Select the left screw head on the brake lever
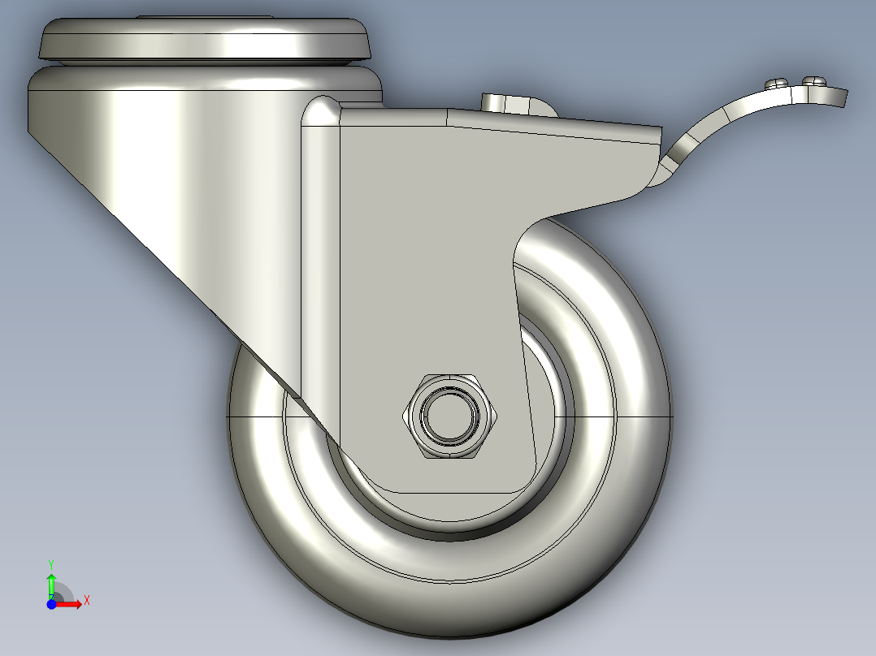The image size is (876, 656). click(777, 82)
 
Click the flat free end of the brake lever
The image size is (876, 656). click(837, 97)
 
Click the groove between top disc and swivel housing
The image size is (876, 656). click(203, 64)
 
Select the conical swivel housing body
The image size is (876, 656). click(163, 162)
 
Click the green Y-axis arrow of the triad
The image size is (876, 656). click(51, 581)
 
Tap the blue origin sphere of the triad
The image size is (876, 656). click(51, 603)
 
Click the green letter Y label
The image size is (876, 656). click(50, 563)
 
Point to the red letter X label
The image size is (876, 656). click(86, 601)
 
